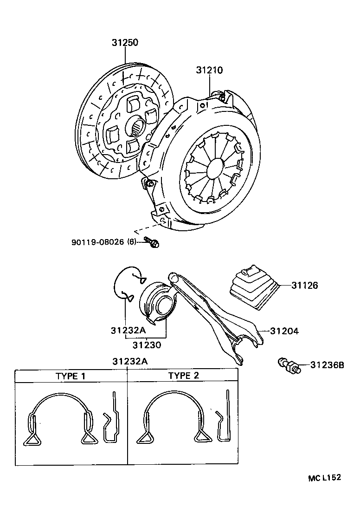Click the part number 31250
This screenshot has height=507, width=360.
pos(124,43)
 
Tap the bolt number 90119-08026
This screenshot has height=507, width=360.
pos(98,242)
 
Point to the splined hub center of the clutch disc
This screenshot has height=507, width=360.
pos(138,125)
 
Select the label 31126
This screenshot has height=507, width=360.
pos(304,286)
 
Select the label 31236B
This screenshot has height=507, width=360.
pos(327,365)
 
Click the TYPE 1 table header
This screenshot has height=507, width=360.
pos(71,376)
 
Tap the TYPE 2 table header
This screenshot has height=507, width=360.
pos(183,376)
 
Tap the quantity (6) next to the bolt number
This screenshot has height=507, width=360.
pos(132,242)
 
